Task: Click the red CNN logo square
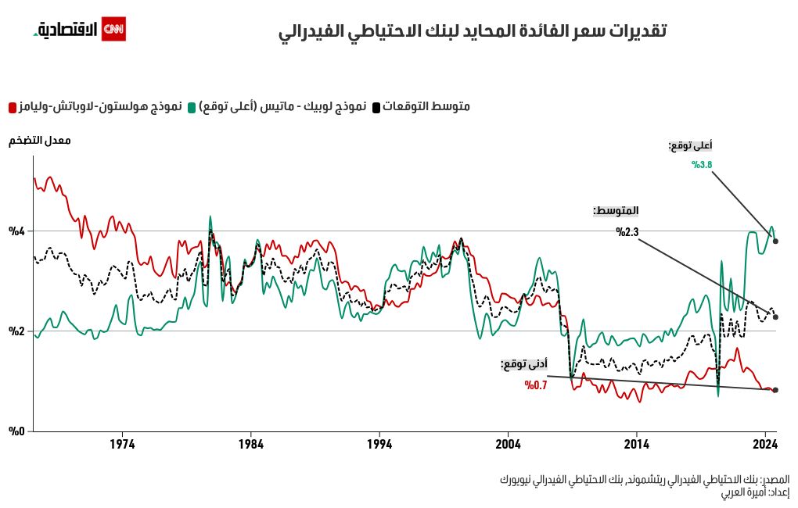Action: click(x=113, y=29)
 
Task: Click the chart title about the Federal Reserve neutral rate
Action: click(x=473, y=32)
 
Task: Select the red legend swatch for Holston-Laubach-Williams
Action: click(x=13, y=106)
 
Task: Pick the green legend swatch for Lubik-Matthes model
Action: click(x=192, y=106)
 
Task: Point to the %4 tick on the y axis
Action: click(x=17, y=231)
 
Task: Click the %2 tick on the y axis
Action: click(x=17, y=331)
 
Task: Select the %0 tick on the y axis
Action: click(x=17, y=431)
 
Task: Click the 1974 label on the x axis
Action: click(x=122, y=445)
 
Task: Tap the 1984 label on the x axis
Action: click(x=250, y=445)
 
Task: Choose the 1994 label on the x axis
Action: click(x=379, y=445)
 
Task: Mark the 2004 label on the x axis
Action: click(x=508, y=445)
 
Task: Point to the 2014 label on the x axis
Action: click(x=637, y=445)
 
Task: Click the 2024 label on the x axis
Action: click(x=764, y=445)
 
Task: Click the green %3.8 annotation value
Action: click(x=702, y=165)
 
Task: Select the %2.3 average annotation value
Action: click(x=627, y=232)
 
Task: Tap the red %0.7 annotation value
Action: click(x=536, y=385)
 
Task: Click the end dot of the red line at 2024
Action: click(x=775, y=390)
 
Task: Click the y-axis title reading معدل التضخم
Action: click(x=40, y=141)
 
